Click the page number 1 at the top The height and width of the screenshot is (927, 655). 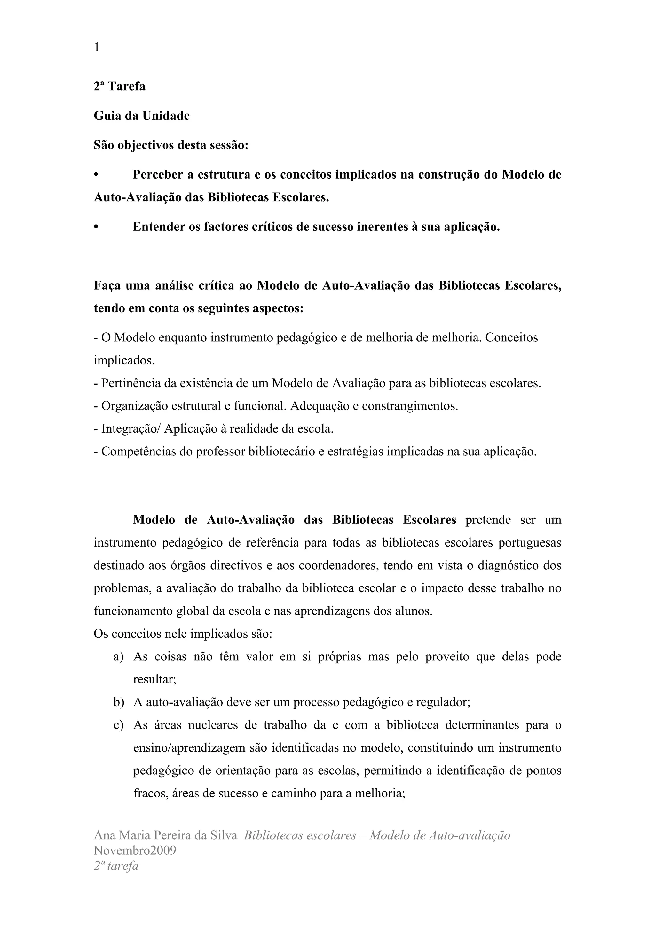pyautogui.click(x=97, y=48)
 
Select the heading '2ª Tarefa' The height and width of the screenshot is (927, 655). pyautogui.click(x=120, y=86)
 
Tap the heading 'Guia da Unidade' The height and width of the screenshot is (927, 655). pyautogui.click(x=142, y=116)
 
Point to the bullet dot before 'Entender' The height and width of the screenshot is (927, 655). pyautogui.click(x=96, y=227)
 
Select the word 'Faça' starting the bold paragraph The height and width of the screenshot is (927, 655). pyautogui.click(x=107, y=286)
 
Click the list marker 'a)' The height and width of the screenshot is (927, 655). pyautogui.click(x=119, y=657)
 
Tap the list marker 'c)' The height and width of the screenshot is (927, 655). pyautogui.click(x=119, y=725)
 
